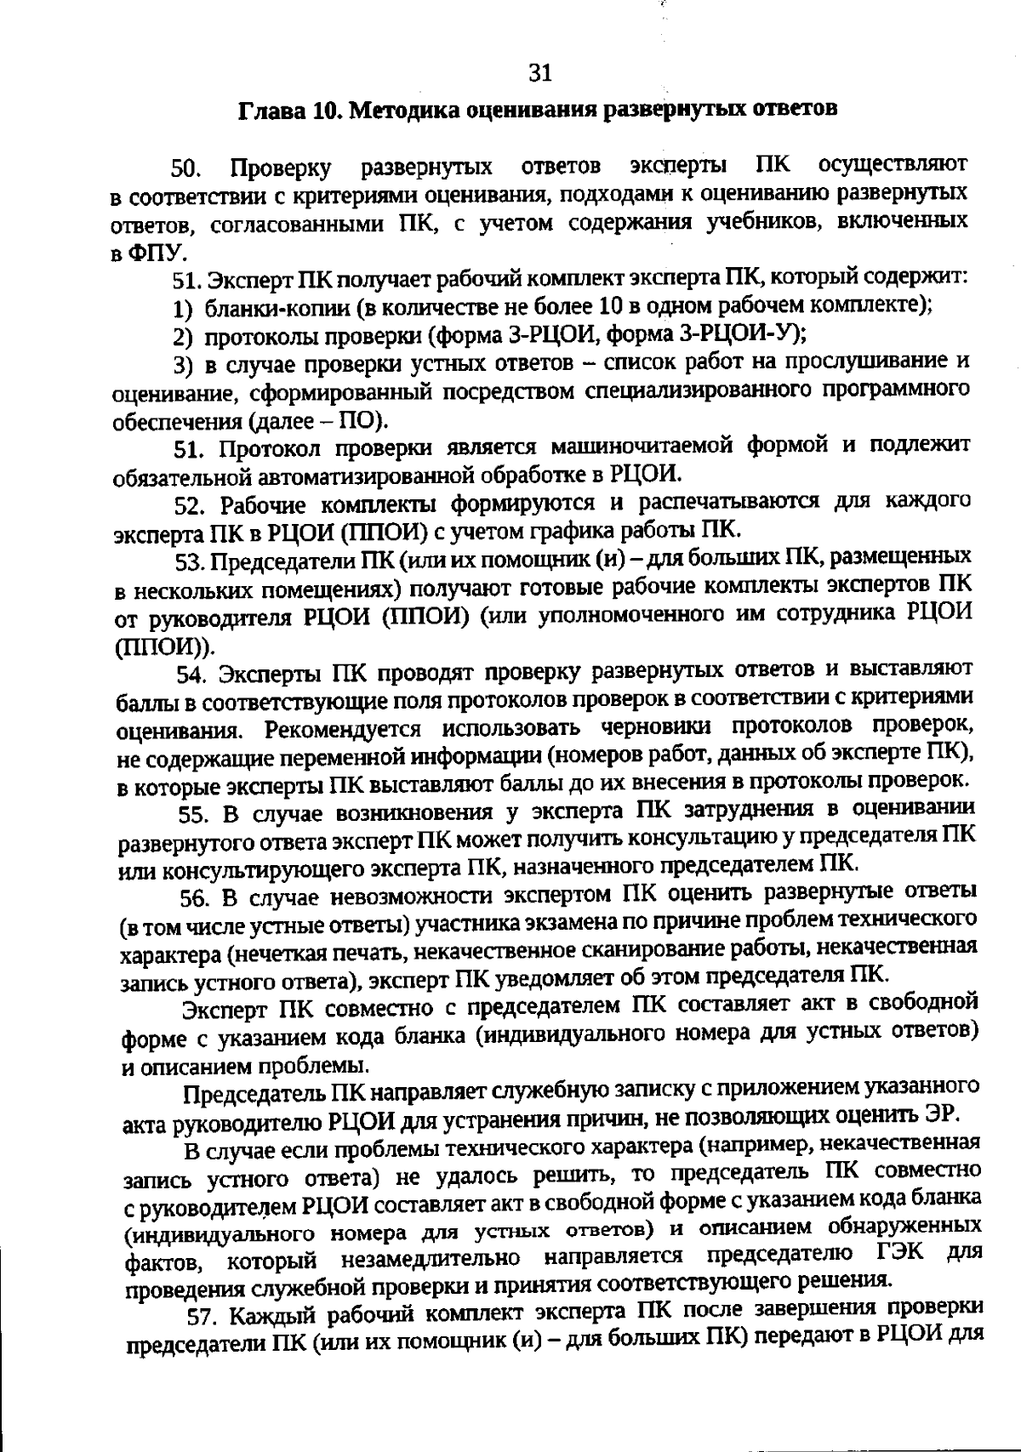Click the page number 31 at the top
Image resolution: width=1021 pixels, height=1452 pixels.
pyautogui.click(x=540, y=73)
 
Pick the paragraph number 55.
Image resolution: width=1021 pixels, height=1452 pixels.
pyautogui.click(x=195, y=813)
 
